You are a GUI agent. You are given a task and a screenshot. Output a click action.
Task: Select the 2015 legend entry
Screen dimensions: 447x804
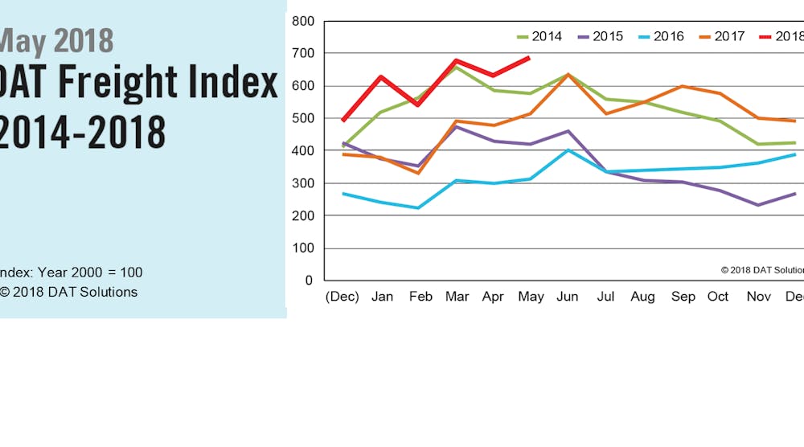(601, 36)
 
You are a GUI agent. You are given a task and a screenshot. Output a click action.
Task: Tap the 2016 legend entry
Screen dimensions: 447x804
(662, 36)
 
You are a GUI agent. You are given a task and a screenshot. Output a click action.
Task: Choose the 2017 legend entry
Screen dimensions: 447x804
(723, 36)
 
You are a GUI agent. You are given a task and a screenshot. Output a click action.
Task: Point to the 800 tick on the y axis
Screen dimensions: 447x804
(302, 21)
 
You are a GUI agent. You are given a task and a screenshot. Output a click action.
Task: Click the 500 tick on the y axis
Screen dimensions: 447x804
(302, 118)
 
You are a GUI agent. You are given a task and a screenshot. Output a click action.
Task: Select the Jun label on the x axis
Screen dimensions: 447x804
(567, 297)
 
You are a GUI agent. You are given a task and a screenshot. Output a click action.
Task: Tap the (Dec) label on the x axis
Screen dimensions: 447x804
(342, 297)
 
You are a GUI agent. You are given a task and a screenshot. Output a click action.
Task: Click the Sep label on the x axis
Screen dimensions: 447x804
(683, 297)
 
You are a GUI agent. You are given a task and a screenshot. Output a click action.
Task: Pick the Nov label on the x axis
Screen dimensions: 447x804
(757, 297)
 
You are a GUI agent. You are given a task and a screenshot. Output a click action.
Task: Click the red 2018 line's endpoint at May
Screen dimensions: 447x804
(528, 57)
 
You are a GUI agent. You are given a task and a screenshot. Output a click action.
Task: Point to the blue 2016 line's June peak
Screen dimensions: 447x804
(568, 150)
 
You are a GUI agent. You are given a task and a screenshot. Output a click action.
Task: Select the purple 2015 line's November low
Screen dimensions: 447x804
(757, 205)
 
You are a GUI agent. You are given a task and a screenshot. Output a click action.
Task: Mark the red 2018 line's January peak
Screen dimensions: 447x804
(381, 76)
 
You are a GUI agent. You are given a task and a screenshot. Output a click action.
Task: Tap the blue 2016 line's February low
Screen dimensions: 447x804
(418, 208)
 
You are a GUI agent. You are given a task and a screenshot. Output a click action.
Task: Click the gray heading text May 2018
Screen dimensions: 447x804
(56, 40)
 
